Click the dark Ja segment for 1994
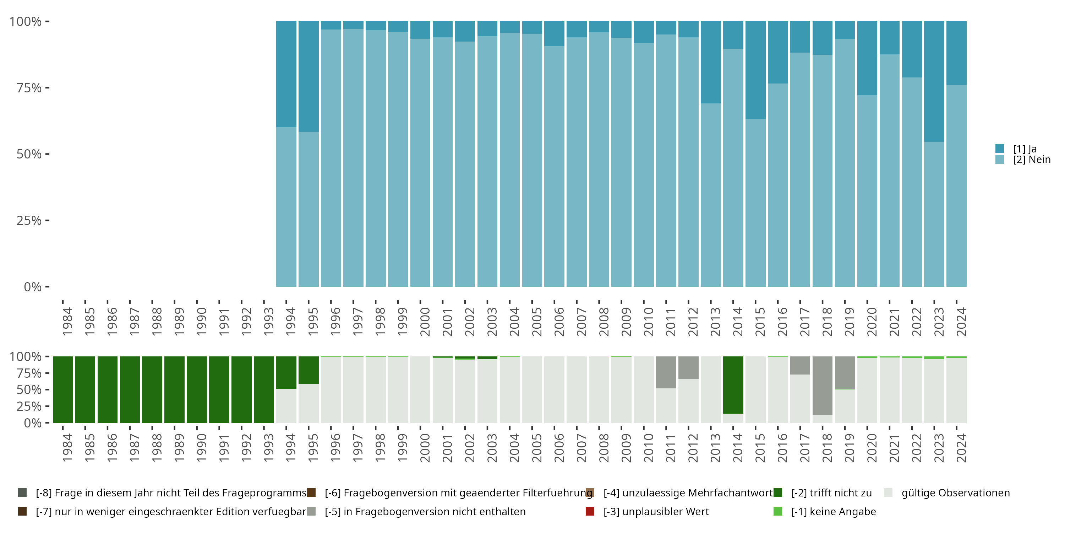(286, 75)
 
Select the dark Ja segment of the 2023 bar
(934, 81)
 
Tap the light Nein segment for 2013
(711, 194)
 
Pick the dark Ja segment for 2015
(755, 70)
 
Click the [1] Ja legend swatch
(1000, 149)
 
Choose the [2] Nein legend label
(1032, 160)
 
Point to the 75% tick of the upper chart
(29, 88)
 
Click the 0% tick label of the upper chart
(32, 287)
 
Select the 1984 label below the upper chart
(67, 322)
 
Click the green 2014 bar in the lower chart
(733, 385)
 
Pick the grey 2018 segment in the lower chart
(822, 385)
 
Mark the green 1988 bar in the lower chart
(152, 389)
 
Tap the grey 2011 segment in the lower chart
(666, 372)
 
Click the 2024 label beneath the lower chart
(961, 448)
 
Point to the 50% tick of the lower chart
(29, 390)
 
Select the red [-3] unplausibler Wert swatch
(590, 511)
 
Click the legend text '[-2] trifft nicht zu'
(831, 493)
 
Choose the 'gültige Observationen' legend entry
(955, 493)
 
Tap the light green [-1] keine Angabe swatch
(778, 511)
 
